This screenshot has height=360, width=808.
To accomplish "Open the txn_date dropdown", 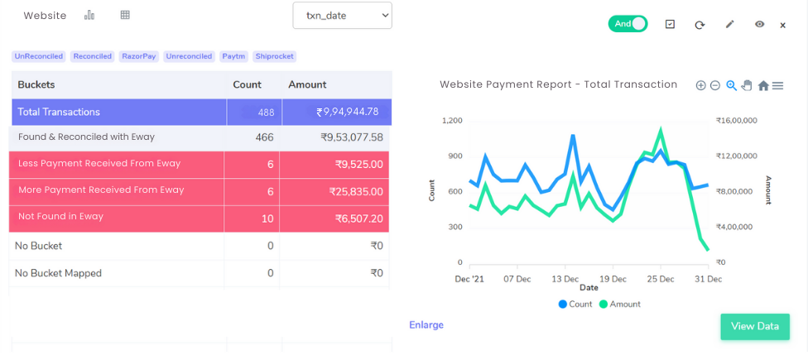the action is tap(342, 16).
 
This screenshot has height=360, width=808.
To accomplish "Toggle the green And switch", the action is tap(628, 24).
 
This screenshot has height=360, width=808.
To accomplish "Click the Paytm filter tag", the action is tap(234, 56).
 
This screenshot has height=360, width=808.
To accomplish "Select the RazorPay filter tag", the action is tap(139, 56).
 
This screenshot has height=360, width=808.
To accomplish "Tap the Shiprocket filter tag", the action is tap(274, 56).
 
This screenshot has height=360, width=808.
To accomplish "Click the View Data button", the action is tap(755, 326).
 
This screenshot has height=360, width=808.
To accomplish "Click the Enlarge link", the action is tap(426, 325).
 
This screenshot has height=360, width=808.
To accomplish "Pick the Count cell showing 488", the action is tap(266, 113).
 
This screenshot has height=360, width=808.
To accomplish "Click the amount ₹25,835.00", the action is tap(356, 192).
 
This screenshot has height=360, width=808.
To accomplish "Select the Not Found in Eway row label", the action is tap(60, 216).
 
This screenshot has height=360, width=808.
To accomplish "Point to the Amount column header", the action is tap(307, 85).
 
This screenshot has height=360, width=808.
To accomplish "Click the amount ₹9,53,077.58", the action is tap(352, 137).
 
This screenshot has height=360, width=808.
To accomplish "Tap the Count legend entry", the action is tap(575, 304).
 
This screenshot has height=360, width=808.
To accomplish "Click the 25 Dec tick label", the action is tap(661, 279).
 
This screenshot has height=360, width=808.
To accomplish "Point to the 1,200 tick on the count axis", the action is tap(452, 121).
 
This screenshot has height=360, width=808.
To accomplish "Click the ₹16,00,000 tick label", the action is tap(736, 121).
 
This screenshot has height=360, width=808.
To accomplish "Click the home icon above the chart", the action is tap(763, 85).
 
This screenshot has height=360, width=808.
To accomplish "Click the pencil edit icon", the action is tap(729, 24).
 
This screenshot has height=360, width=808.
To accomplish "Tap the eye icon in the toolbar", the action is tap(759, 24).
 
